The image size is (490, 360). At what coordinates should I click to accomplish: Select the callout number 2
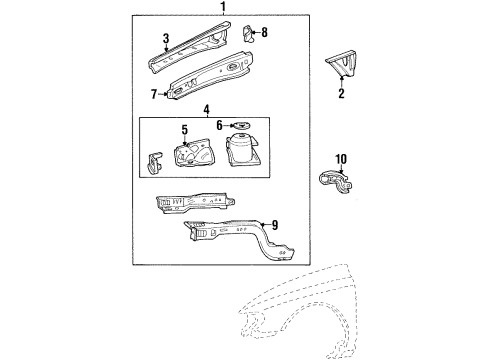click(341, 95)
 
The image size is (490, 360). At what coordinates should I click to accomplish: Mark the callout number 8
click(264, 33)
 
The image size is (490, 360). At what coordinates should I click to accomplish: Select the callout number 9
click(274, 225)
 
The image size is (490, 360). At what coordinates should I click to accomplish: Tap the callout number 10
click(341, 159)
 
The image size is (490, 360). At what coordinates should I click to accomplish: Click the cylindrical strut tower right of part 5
click(244, 158)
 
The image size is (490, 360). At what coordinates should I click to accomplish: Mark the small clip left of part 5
click(154, 164)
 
